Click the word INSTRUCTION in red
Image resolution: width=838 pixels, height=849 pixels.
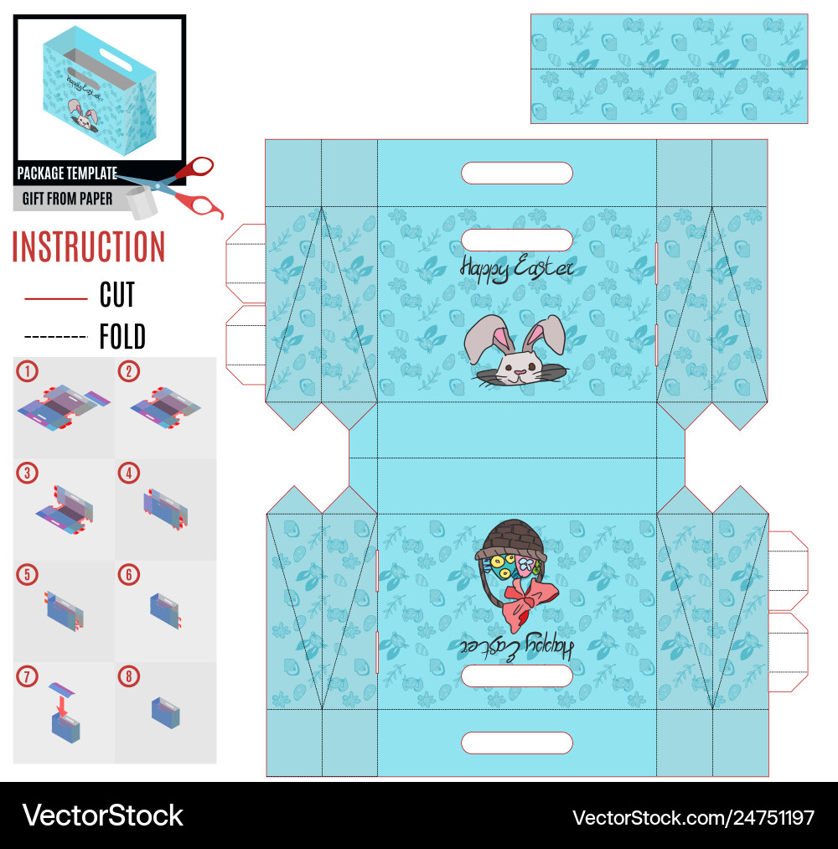point(89,247)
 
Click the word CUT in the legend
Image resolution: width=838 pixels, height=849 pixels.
point(117,295)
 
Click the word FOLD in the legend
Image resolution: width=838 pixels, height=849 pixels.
point(122,337)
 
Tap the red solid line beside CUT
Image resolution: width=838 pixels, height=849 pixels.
point(56,298)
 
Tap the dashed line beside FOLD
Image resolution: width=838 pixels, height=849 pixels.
point(56,337)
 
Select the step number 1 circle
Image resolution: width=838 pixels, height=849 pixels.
point(27,371)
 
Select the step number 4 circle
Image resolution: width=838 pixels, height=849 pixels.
point(129,473)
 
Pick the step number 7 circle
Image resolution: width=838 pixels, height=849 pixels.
point(27,676)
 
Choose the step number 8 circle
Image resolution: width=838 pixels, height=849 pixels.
point(129,676)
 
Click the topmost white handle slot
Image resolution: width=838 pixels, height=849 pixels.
point(517,173)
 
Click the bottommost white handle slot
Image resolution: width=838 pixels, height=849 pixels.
point(517,743)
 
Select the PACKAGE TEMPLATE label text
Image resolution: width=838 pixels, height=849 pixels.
point(67,174)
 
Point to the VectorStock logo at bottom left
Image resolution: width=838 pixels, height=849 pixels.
point(103,815)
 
